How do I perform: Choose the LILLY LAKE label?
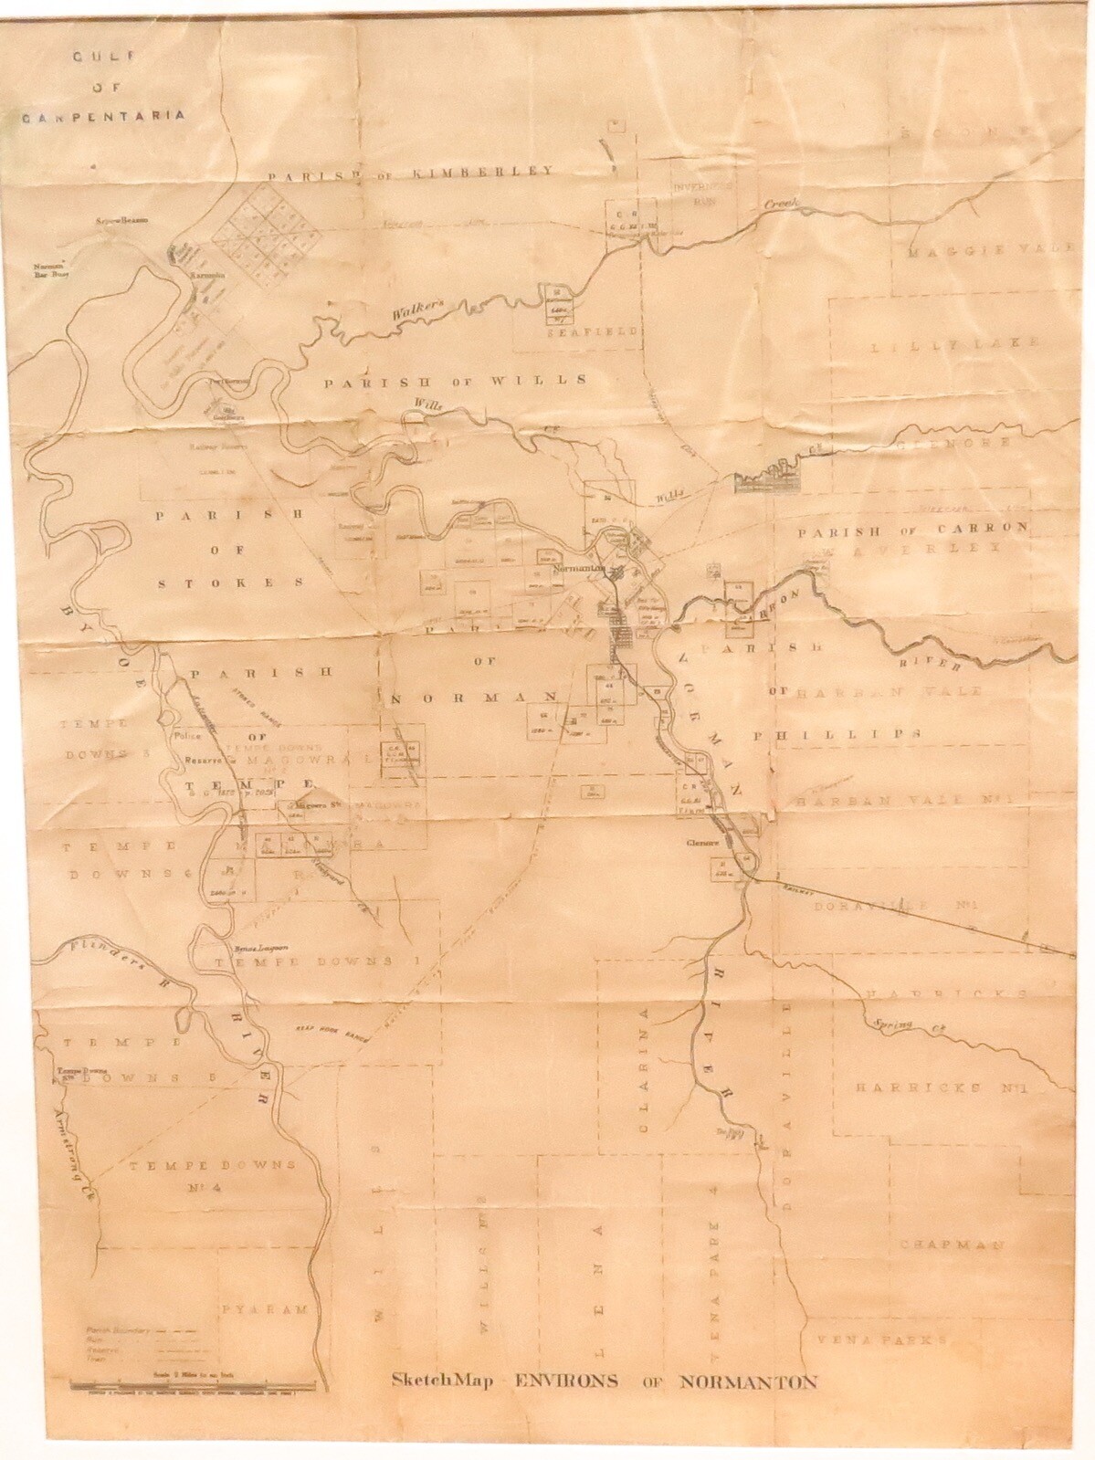point(953,344)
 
